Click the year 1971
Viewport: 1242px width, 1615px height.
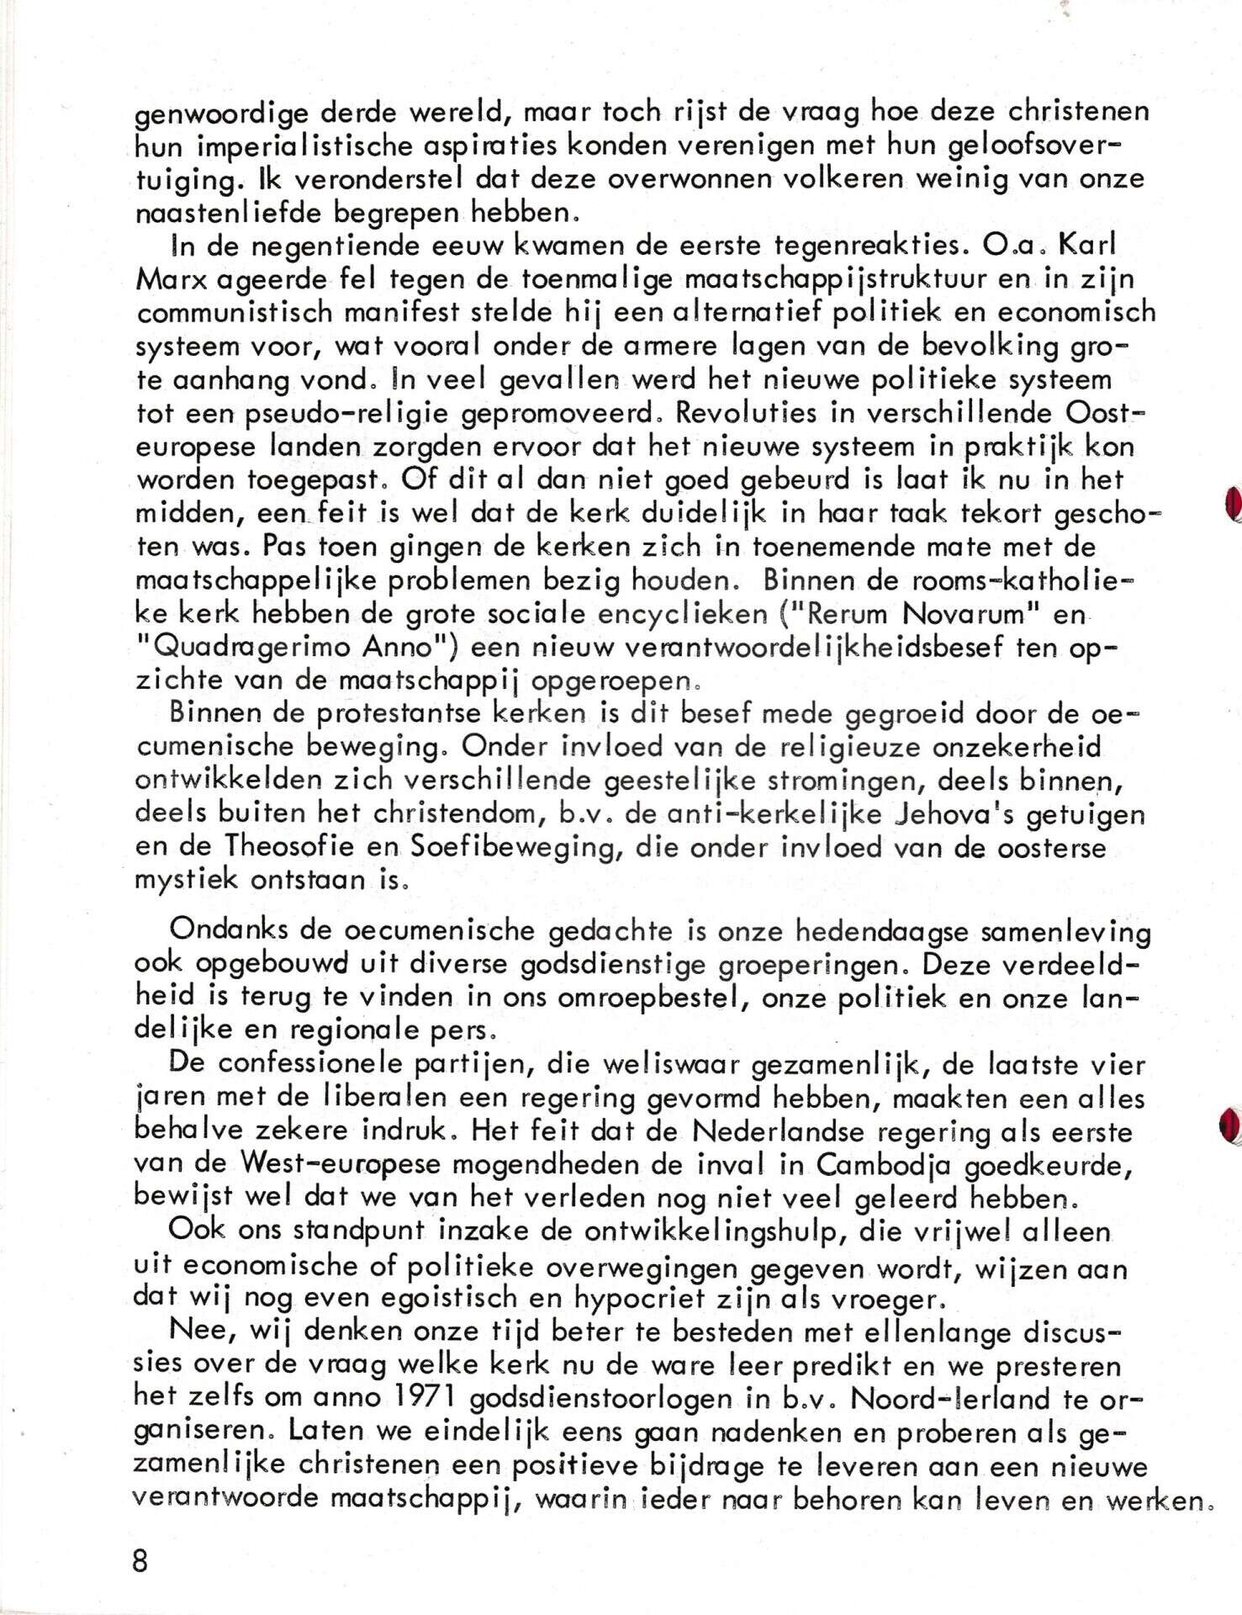[x=415, y=1399]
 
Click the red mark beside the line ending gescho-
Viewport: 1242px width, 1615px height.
[x=1230, y=504]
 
